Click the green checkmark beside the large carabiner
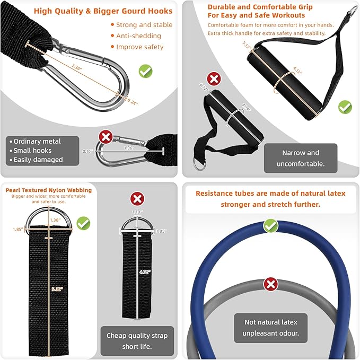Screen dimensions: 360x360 pyautogui.click(x=145, y=71)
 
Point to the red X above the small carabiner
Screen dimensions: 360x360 pyautogui.click(x=106, y=138)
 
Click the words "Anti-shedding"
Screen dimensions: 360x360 pyautogui.click(x=139, y=36)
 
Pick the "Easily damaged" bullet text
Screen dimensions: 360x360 pyautogui.click(x=38, y=160)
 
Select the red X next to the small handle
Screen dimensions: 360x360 pyautogui.click(x=214, y=80)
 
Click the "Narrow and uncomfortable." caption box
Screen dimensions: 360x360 pyautogui.click(x=301, y=158)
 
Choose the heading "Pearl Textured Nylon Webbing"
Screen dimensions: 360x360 pyautogui.click(x=48, y=190)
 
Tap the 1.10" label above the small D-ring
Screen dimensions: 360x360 pyautogui.click(x=137, y=213)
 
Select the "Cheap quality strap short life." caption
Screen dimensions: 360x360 pyautogui.click(x=137, y=340)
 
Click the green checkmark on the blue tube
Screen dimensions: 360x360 pyautogui.click(x=271, y=226)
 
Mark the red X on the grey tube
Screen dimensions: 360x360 pyautogui.click(x=271, y=284)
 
